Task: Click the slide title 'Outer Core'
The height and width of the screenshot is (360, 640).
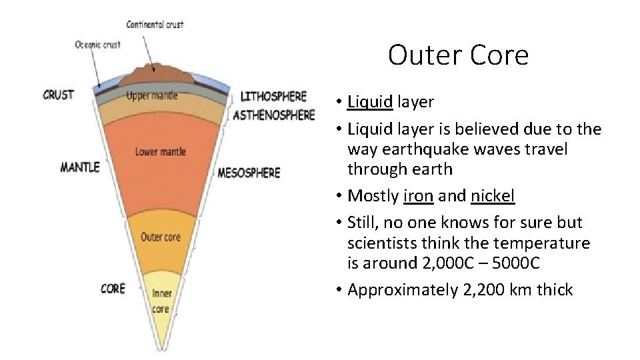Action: (458, 55)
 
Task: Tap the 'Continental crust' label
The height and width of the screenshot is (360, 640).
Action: (155, 25)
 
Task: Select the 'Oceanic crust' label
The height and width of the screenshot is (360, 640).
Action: (97, 45)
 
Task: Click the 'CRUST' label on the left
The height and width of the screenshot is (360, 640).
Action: (59, 95)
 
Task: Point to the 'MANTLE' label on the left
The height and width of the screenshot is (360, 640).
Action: (79, 166)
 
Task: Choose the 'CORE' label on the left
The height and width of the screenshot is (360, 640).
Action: (112, 288)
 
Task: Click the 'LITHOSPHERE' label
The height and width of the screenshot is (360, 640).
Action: (273, 97)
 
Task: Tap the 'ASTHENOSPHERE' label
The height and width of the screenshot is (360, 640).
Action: (274, 115)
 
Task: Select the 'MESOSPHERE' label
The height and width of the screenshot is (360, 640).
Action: (249, 173)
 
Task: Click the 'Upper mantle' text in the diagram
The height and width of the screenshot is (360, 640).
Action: (152, 95)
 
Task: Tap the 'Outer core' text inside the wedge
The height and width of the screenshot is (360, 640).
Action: (160, 237)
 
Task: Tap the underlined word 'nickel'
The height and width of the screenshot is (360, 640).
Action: (493, 196)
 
